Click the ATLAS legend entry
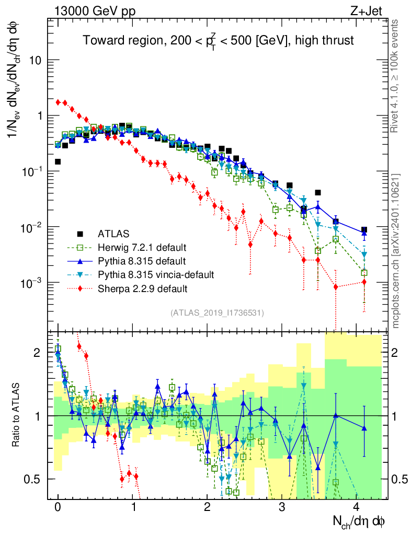click(113, 233)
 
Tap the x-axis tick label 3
click(282, 507)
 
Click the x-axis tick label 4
click(357, 507)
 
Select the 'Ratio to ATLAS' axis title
click(17, 415)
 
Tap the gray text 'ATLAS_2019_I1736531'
click(217, 313)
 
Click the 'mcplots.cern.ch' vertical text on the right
click(396, 251)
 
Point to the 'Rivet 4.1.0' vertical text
click(396, 73)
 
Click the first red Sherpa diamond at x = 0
click(59, 102)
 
